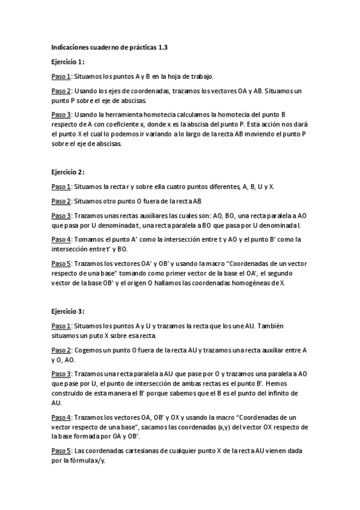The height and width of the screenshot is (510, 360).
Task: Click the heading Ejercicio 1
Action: click(67, 61)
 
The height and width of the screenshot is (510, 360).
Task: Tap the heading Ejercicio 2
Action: click(67, 171)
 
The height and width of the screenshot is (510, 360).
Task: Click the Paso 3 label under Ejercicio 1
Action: click(61, 114)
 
